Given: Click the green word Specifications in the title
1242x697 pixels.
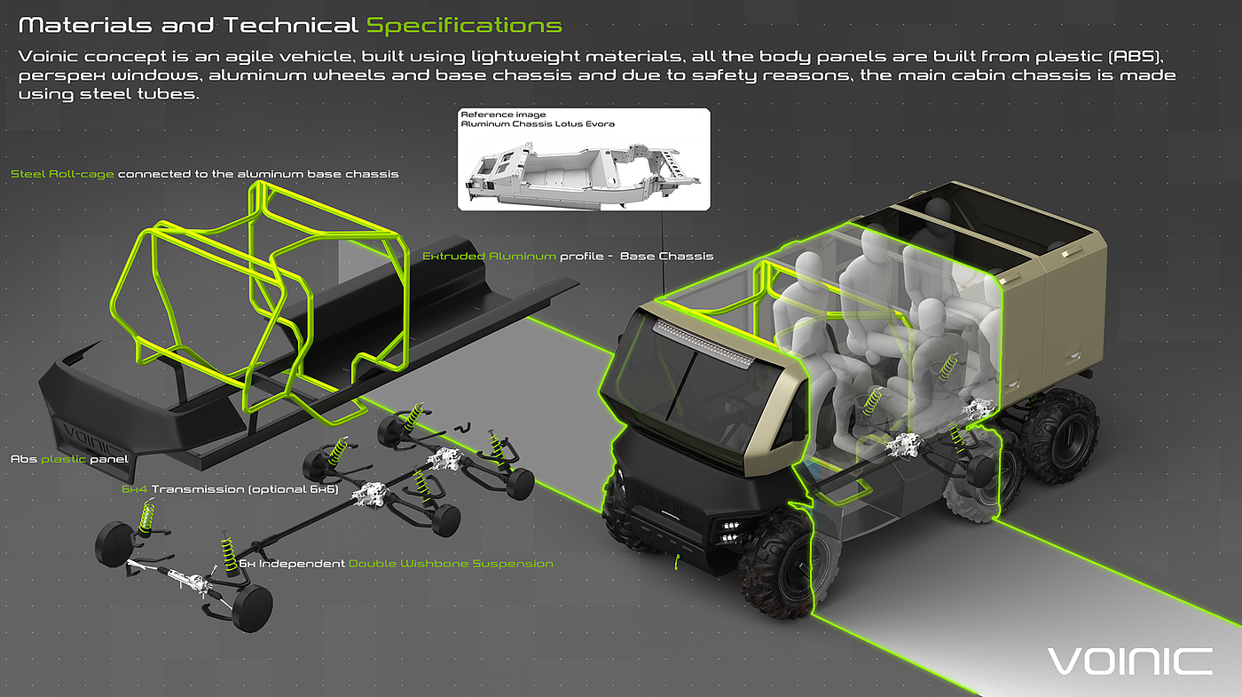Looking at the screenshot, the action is click(464, 26).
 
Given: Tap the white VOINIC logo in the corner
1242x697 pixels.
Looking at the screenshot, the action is click(1129, 661).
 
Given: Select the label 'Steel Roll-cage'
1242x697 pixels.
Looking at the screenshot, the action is click(62, 174).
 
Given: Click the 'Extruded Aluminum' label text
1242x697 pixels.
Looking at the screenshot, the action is click(489, 256).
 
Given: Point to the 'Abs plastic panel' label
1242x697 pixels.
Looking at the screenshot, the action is click(69, 459).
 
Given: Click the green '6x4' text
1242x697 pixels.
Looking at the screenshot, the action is click(135, 489).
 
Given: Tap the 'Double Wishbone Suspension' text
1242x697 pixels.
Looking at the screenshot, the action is click(451, 563).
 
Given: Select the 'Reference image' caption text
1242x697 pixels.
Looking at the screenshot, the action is click(504, 115).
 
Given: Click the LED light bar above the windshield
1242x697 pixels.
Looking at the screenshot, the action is click(704, 343).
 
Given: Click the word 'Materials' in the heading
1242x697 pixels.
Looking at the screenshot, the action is click(85, 26).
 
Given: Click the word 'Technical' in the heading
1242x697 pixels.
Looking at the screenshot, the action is click(291, 26).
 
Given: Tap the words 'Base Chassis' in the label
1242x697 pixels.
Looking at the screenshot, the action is click(666, 256).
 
